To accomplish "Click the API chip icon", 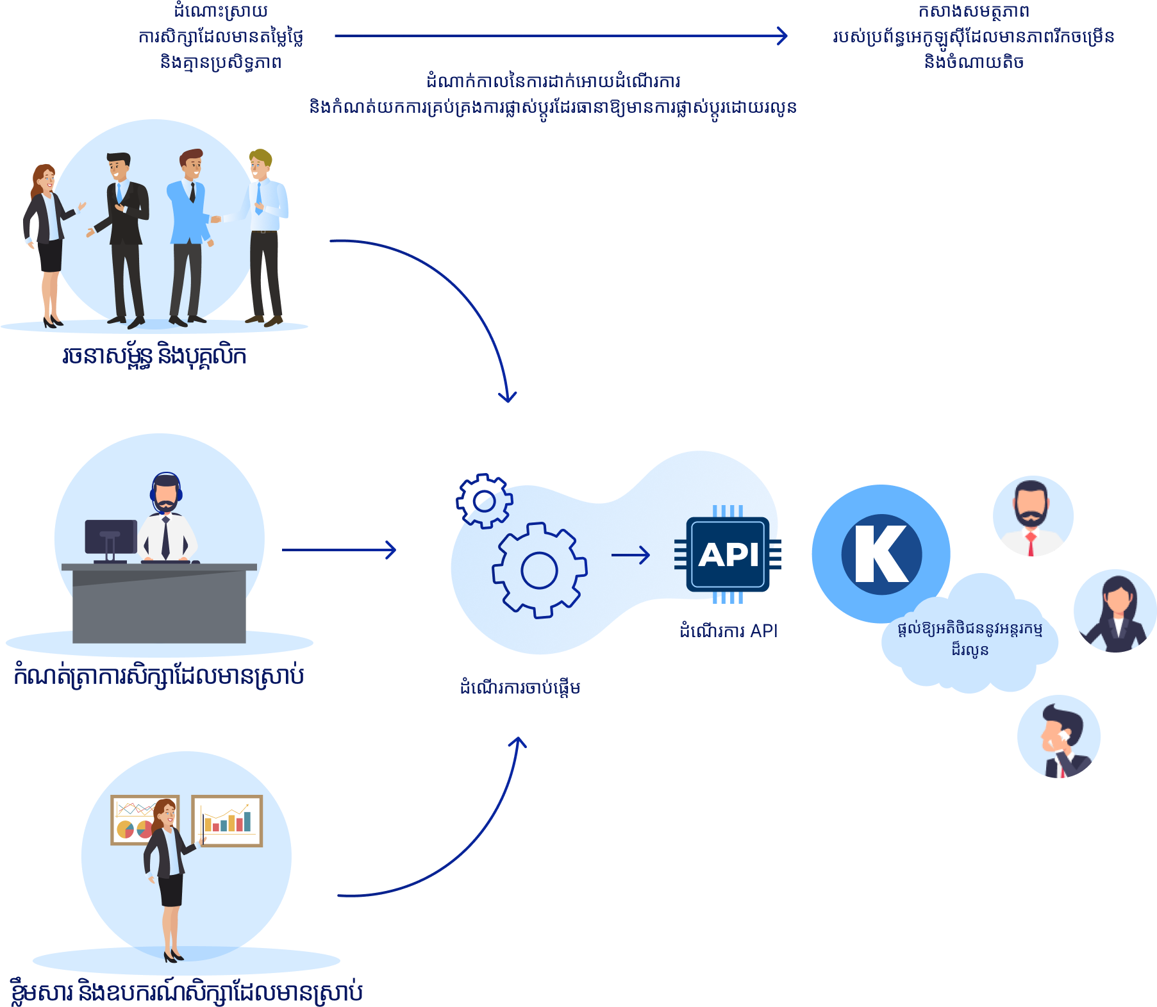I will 728,554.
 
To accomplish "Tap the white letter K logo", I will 882,554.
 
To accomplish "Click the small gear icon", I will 484,501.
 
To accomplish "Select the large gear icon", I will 539,570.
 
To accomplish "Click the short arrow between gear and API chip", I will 631,554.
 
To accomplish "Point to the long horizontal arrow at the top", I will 561,36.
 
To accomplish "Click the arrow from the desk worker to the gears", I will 339,550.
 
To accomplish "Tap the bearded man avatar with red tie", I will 1033,516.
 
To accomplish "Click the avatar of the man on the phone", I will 1058,737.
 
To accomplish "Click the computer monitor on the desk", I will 110,537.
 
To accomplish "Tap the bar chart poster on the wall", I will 227,820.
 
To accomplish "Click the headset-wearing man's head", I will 166,492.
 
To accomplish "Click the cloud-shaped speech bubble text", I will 970,638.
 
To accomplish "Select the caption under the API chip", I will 728,631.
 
